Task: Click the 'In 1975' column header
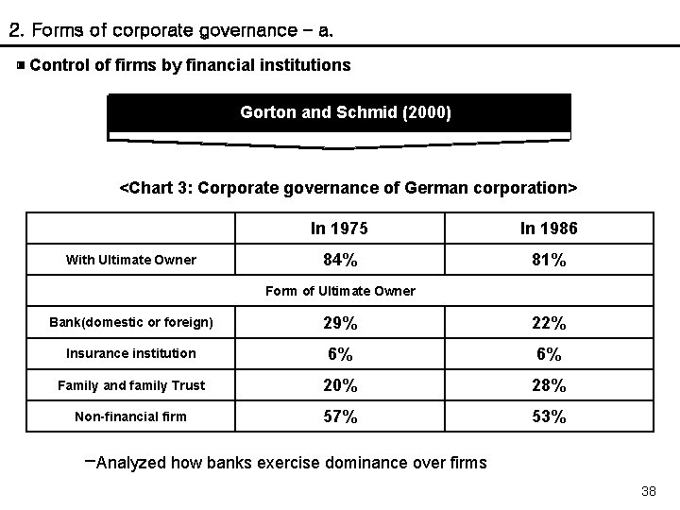(x=339, y=229)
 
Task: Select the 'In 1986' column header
(x=548, y=229)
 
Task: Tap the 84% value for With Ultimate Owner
(x=339, y=260)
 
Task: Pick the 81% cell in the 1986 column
(x=548, y=260)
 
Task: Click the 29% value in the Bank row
(x=339, y=323)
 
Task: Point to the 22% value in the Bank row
(x=548, y=323)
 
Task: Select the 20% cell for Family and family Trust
(x=339, y=385)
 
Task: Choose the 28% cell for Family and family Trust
(x=548, y=385)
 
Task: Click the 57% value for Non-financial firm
(x=339, y=416)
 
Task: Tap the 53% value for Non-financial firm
(x=548, y=416)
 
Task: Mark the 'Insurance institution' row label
(x=130, y=353)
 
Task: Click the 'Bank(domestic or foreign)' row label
(x=130, y=323)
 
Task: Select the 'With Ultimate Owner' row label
(x=130, y=260)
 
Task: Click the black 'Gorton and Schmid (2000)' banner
(x=340, y=113)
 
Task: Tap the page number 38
(x=648, y=491)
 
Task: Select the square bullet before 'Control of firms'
(x=20, y=65)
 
